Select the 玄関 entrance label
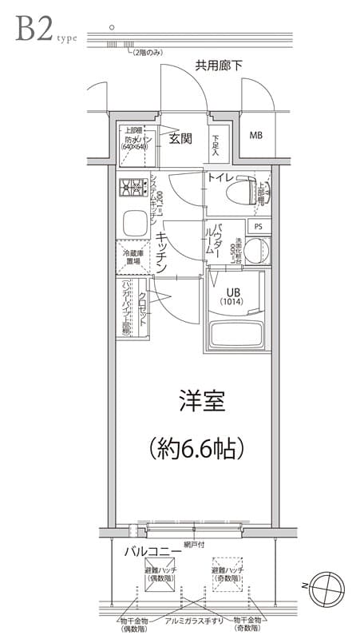click(x=180, y=138)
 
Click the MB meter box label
click(x=255, y=135)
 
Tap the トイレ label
click(x=220, y=177)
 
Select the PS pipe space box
click(x=257, y=227)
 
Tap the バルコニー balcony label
click(x=150, y=551)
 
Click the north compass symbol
click(x=330, y=587)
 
